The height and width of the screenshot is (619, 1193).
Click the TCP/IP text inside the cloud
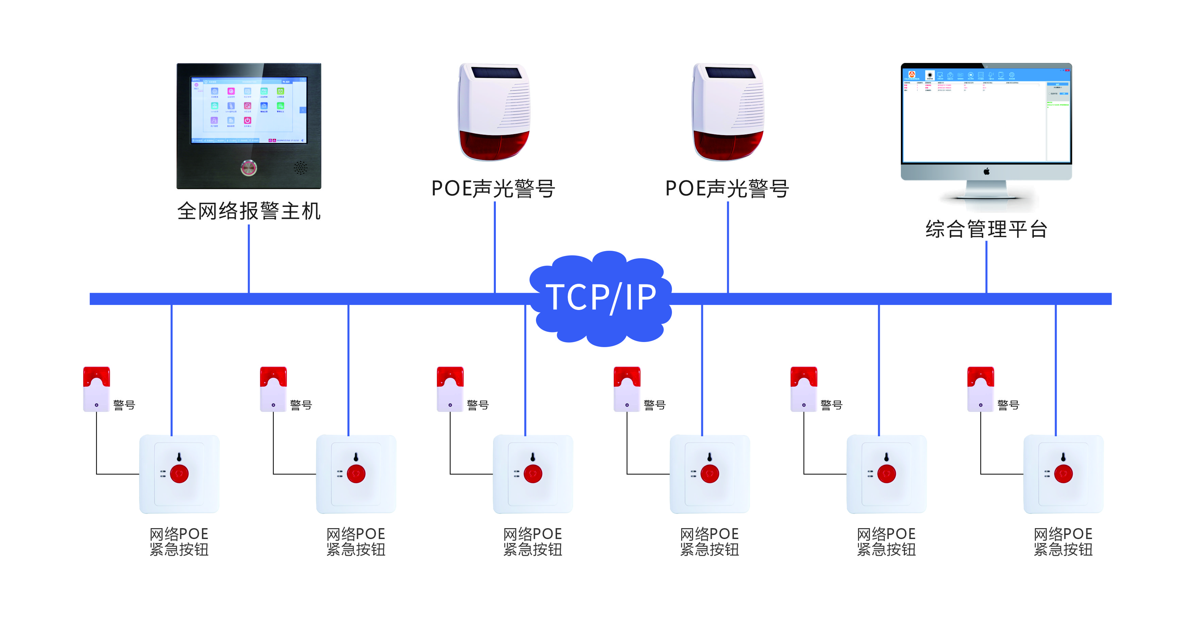(601, 297)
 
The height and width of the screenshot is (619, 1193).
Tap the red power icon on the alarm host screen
(247, 120)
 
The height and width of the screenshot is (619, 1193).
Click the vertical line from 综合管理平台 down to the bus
(987, 266)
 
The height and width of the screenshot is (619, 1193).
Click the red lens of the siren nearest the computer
(728, 144)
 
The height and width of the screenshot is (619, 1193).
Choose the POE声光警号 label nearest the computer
(727, 189)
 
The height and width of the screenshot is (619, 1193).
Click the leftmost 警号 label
(124, 405)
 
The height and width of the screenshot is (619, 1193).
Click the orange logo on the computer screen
(911, 74)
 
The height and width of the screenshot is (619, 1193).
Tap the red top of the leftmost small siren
(96, 376)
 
